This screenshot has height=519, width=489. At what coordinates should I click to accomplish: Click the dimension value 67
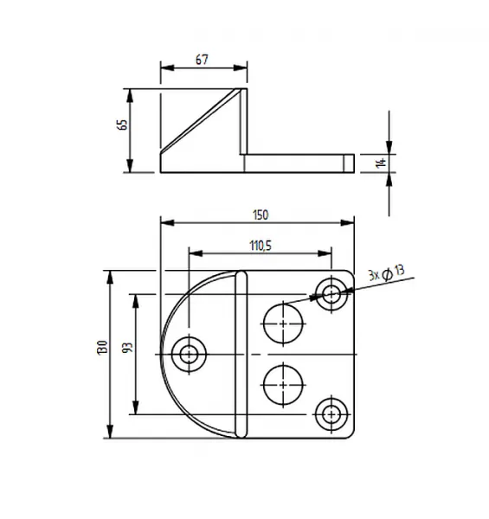pyautogui.click(x=202, y=60)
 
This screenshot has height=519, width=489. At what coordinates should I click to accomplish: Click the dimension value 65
pyautogui.click(x=122, y=125)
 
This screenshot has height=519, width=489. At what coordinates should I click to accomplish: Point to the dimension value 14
pyautogui.click(x=381, y=163)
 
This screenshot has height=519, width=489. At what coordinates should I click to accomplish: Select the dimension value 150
pyautogui.click(x=261, y=215)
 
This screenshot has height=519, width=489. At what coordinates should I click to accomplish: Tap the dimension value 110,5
pyautogui.click(x=261, y=246)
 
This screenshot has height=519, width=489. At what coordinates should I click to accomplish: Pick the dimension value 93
pyautogui.click(x=127, y=347)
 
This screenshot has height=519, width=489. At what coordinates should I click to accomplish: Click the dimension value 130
pyautogui.click(x=102, y=348)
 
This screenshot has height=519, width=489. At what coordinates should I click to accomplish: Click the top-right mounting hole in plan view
pyautogui.click(x=331, y=293)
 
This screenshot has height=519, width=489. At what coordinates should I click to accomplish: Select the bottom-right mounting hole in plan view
pyautogui.click(x=331, y=414)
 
